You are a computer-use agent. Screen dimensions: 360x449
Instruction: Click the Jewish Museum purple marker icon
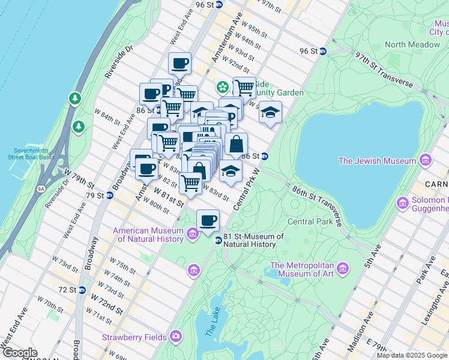click(x=426, y=160)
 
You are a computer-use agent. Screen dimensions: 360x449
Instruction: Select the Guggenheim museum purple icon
click(x=402, y=204)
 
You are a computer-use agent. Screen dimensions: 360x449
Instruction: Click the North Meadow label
click(x=412, y=44)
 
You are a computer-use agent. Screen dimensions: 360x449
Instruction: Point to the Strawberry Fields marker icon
click(x=176, y=336)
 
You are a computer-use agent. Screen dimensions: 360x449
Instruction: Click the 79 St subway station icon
click(x=110, y=196)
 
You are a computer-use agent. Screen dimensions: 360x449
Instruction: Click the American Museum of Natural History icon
click(x=193, y=234)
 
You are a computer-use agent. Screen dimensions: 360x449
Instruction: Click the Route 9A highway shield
click(x=41, y=189)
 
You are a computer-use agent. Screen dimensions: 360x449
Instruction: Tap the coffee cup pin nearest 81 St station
click(x=208, y=220)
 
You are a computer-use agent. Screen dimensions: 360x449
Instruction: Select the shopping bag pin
click(x=237, y=144)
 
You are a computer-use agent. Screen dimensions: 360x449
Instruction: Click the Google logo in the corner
click(x=19, y=353)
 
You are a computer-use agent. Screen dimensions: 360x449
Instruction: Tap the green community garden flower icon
click(x=223, y=88)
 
